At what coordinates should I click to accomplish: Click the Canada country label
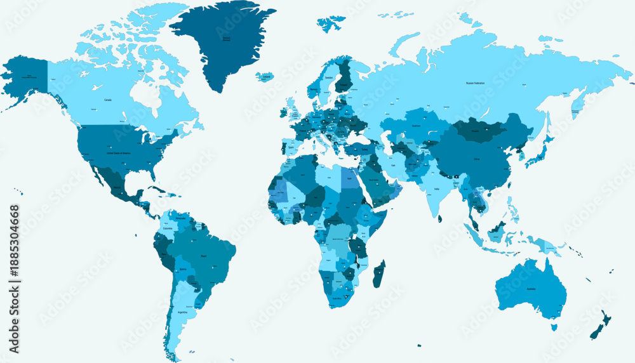pyautogui.click(x=108, y=100)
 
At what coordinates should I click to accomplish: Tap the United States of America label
pyautogui.click(x=118, y=154)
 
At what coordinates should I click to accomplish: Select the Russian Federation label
pyautogui.click(x=479, y=83)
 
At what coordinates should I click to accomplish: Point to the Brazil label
pyautogui.click(x=204, y=255)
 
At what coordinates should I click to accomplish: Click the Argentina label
pyautogui.click(x=183, y=312)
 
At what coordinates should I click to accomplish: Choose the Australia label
pyautogui.click(x=531, y=289)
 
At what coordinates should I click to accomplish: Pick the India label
pyautogui.click(x=437, y=188)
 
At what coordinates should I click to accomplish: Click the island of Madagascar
pyautogui.click(x=378, y=274)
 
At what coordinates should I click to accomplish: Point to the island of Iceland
pyautogui.click(x=265, y=77)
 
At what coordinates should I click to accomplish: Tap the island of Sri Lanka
pyautogui.click(x=439, y=218)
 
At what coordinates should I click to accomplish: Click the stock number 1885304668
pyautogui.click(x=15, y=279)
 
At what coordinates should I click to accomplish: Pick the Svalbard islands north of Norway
pyautogui.click(x=331, y=24)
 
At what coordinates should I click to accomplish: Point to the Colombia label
pyautogui.click(x=167, y=228)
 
